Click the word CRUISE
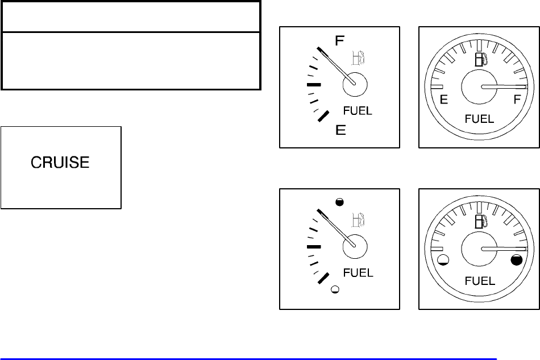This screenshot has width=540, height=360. point(60,163)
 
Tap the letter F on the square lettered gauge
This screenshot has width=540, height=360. point(339,41)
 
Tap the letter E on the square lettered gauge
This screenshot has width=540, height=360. point(340,130)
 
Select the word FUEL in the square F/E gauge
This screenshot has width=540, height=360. point(358,111)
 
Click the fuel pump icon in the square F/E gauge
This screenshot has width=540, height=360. point(358,57)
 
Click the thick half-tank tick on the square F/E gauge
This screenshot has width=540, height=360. point(314,85)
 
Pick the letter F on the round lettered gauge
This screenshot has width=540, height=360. point(517,100)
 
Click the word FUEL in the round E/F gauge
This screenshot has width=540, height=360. point(479,119)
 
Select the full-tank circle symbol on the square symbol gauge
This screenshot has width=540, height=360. point(339,201)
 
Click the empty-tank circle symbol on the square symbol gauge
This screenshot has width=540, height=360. point(335,289)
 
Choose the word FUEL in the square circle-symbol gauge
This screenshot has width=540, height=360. point(358,273)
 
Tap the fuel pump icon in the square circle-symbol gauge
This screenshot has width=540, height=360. point(358,220)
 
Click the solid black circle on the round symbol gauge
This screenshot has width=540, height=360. point(516,260)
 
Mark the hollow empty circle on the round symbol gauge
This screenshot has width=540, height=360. point(445,261)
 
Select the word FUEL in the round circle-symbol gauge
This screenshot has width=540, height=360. point(480,281)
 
